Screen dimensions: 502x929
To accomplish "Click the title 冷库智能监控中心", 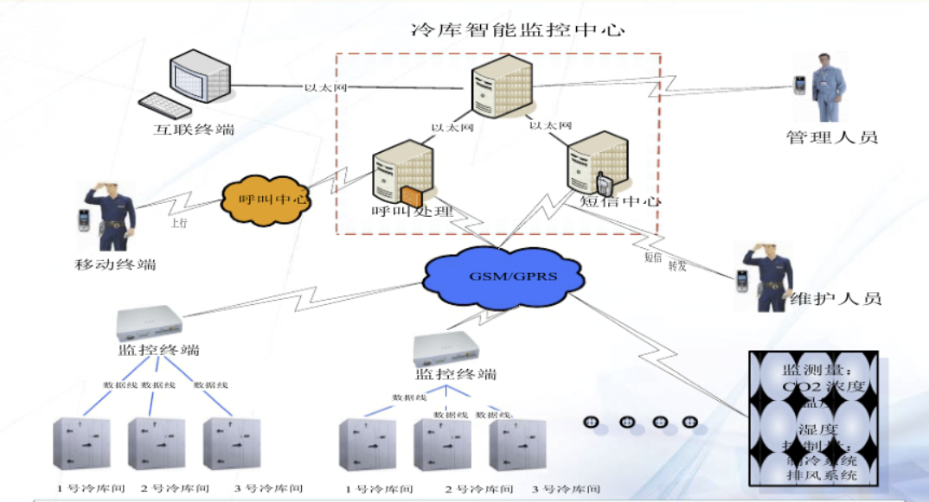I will pyautogui.click(x=517, y=29).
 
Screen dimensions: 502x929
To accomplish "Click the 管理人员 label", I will pyautogui.click(x=831, y=137).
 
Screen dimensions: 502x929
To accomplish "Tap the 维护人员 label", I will pyautogui.click(x=836, y=299).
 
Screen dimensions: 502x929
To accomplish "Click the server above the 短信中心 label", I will pyautogui.click(x=596, y=164).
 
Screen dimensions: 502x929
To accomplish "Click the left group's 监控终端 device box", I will pyautogui.click(x=151, y=322).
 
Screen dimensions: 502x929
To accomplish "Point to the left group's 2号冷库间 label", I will pyautogui.click(x=176, y=488).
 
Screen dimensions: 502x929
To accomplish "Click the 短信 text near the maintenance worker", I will pyautogui.click(x=653, y=257).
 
